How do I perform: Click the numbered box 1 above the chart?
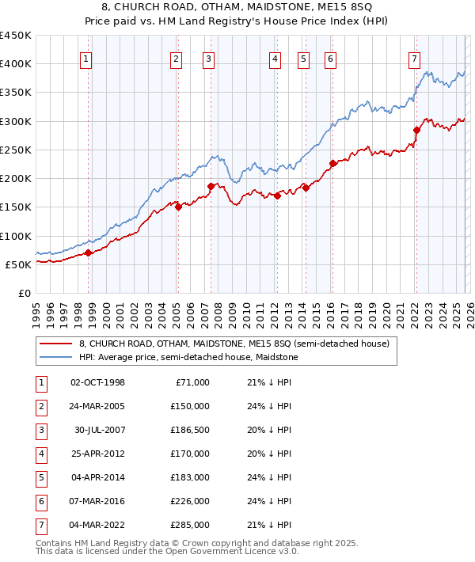[x=85, y=58]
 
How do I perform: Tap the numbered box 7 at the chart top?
[x=414, y=58]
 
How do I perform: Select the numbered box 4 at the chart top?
[x=275, y=58]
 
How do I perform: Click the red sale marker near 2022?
[x=416, y=130]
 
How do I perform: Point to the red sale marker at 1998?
[x=89, y=253]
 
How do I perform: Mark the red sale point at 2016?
[x=332, y=164]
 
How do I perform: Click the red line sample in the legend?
[x=55, y=344]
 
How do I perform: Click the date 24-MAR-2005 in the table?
[x=98, y=407]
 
